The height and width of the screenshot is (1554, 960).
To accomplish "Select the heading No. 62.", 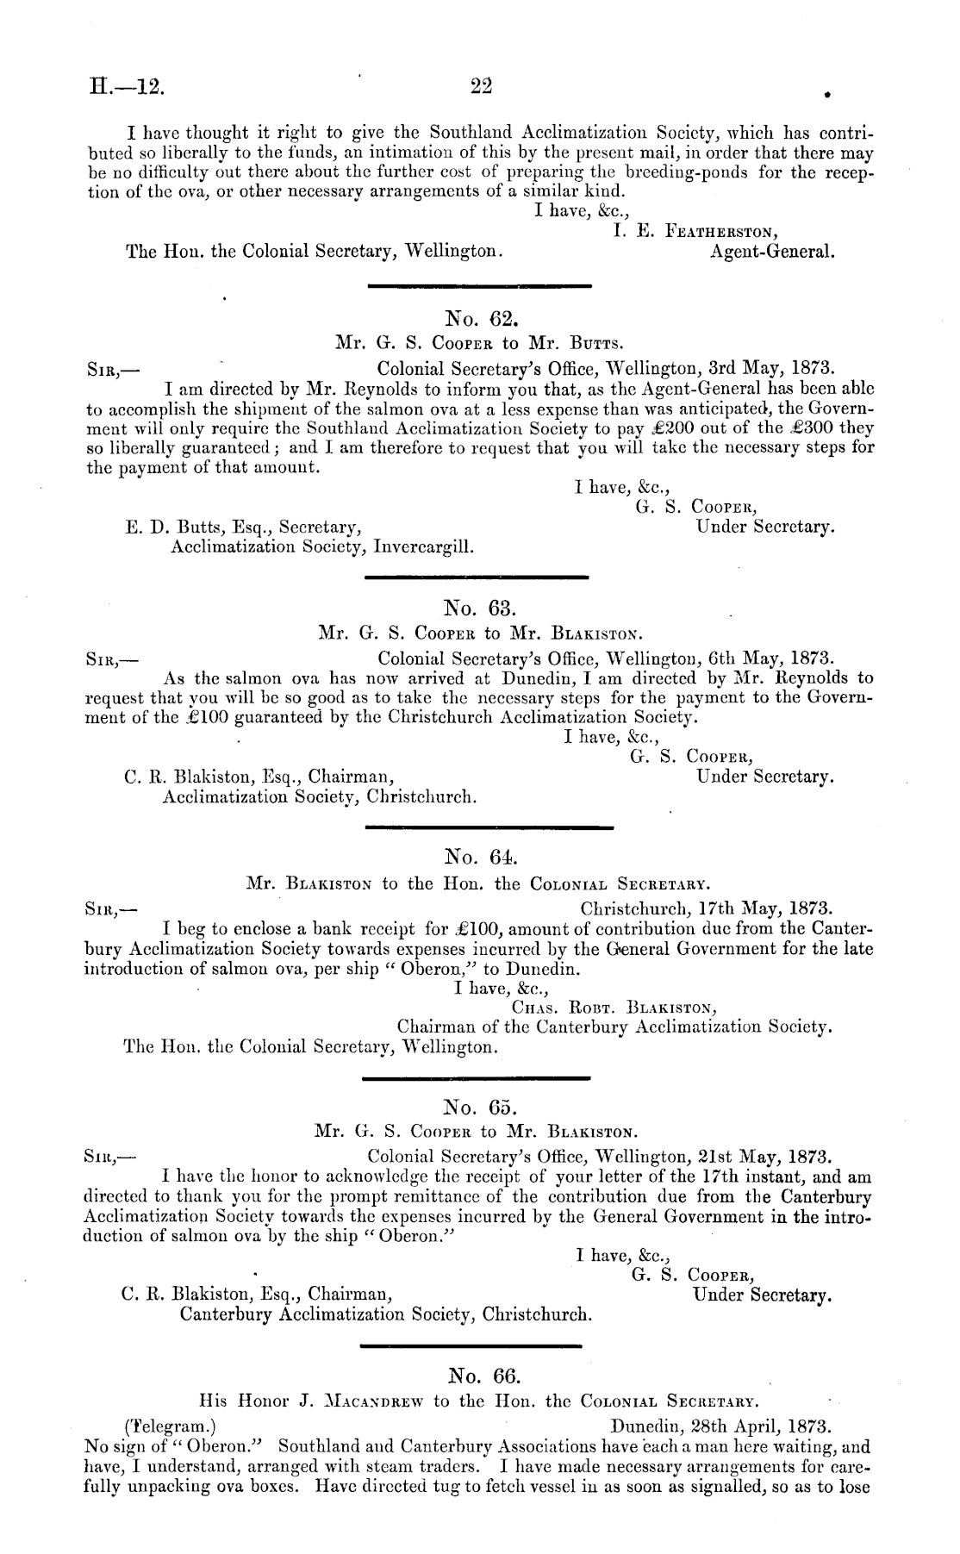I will click(x=480, y=321).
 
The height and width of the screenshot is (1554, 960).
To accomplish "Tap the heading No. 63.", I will click(x=480, y=611).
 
